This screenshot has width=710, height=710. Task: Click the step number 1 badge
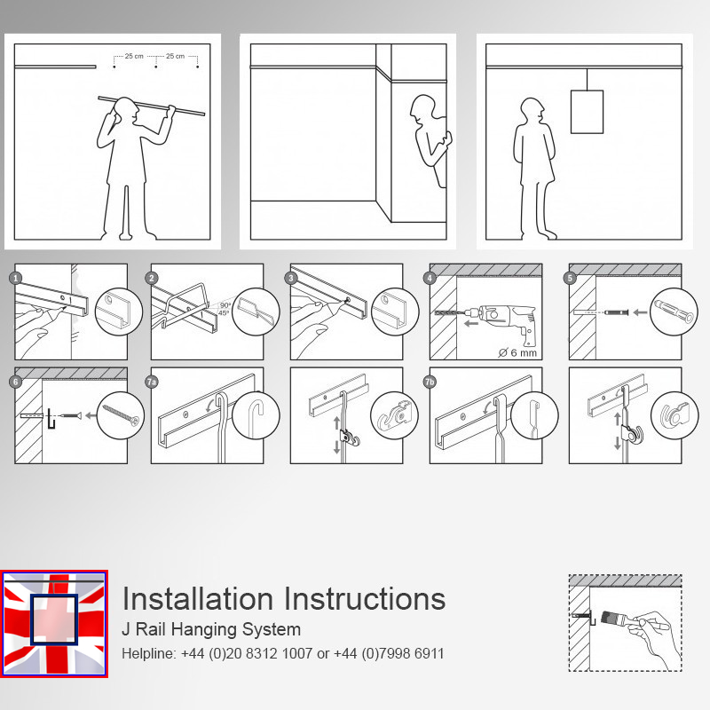(16, 278)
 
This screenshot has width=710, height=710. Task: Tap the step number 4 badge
(430, 278)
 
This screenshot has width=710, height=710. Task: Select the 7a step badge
(152, 382)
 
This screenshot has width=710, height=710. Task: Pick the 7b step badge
(430, 382)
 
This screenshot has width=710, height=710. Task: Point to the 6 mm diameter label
(517, 352)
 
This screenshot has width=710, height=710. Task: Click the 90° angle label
(225, 305)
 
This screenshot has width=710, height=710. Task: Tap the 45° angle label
(224, 313)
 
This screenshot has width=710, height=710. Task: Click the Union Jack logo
(54, 624)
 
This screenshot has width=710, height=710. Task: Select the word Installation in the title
(197, 598)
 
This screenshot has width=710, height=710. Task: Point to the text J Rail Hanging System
(211, 629)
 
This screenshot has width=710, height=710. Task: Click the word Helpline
(147, 653)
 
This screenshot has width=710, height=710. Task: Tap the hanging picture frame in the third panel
(587, 112)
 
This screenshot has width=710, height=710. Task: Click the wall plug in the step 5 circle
(674, 311)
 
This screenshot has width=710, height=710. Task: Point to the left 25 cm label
(134, 56)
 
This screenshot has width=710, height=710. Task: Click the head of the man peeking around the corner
(422, 107)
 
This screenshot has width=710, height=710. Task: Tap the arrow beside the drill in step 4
(471, 323)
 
